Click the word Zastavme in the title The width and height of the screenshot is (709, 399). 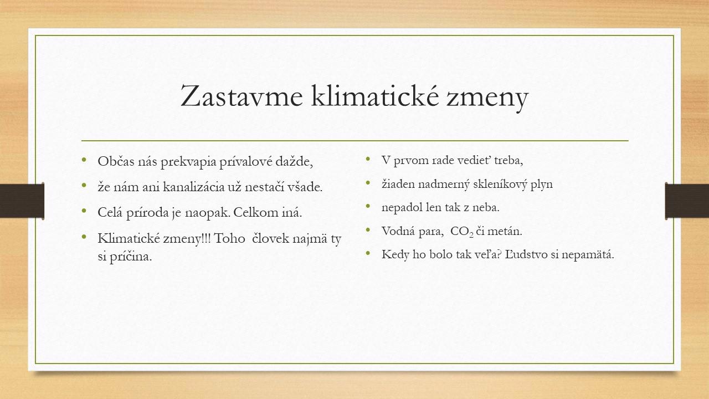(242, 96)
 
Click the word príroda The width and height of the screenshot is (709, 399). (147, 212)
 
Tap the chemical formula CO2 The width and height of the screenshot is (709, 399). (462, 232)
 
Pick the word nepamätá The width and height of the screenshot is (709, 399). (588, 254)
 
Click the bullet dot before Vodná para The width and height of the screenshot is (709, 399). (368, 229)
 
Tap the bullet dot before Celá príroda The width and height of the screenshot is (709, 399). (84, 211)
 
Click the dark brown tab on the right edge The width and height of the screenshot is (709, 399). (687, 201)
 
